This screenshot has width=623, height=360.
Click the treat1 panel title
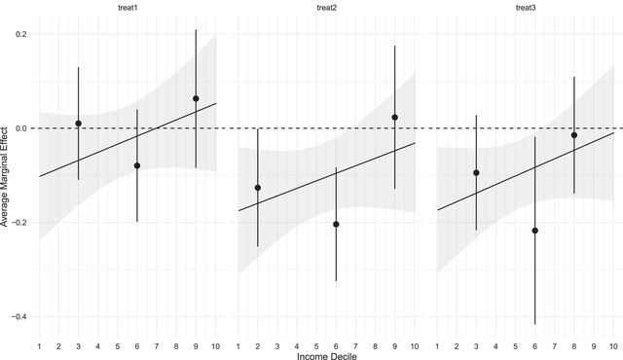[x=128, y=8]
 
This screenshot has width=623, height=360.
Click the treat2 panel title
[x=326, y=8]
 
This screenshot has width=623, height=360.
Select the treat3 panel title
[x=525, y=8]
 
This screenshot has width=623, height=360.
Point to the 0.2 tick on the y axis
[x=19, y=34]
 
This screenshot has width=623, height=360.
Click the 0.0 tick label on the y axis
[x=19, y=128]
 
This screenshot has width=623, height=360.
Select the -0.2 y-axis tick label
[x=18, y=223]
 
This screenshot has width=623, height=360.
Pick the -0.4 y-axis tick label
[x=18, y=317]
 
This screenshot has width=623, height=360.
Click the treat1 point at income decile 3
[x=78, y=124]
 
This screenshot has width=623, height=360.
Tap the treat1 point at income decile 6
[x=137, y=165]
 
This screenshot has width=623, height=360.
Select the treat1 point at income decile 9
[x=196, y=98]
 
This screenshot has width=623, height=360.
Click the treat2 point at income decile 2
[x=258, y=188]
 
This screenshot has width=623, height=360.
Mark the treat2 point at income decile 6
[x=336, y=224]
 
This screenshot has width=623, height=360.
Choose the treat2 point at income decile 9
[x=394, y=118]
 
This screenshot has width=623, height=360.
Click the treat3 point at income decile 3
[x=476, y=172]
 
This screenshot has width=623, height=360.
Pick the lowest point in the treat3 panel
[x=534, y=231]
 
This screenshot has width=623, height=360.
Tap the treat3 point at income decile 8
[x=574, y=135]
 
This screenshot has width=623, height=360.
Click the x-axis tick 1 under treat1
[x=39, y=344]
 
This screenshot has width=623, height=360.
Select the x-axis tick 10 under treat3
[x=613, y=344]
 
